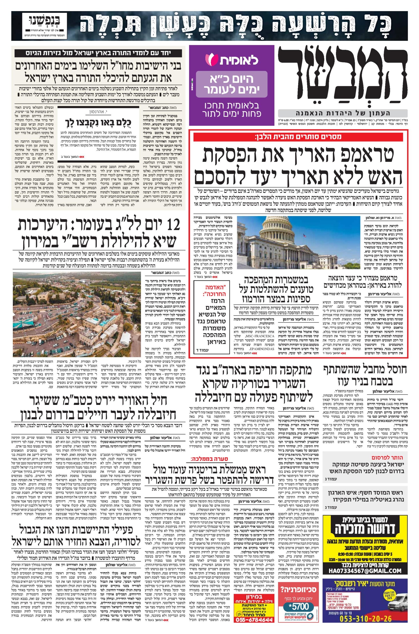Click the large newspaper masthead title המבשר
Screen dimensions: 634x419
tap(343, 76)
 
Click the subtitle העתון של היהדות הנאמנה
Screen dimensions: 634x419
tap(343, 113)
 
